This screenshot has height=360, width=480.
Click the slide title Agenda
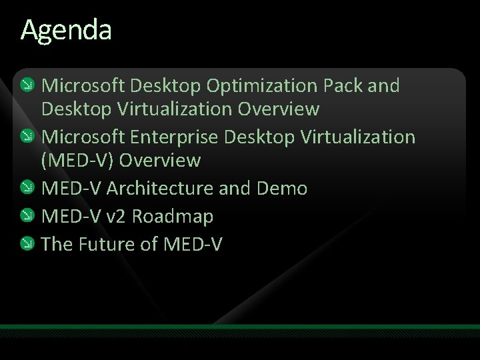66,31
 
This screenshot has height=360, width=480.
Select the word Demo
283,189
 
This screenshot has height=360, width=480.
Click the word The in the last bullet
57,245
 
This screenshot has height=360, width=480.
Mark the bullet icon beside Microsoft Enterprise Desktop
27,137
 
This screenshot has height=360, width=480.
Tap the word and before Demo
234,189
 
